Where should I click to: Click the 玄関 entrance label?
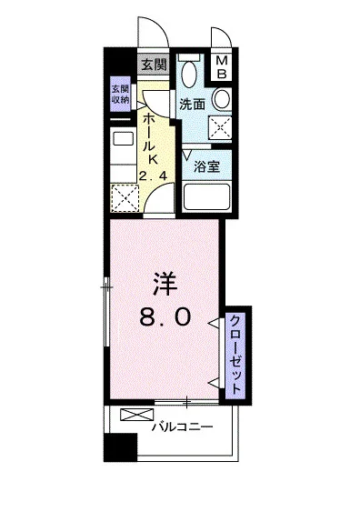(x=154, y=65)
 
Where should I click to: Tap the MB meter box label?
(x=222, y=67)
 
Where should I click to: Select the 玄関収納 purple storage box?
(x=120, y=95)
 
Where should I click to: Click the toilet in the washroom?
(x=189, y=71)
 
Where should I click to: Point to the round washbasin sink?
(x=222, y=99)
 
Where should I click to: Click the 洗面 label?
(x=193, y=105)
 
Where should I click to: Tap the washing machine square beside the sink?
(x=220, y=126)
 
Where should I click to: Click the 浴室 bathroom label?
(x=207, y=166)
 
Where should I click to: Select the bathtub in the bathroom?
(x=207, y=196)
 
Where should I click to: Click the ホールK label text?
(x=152, y=138)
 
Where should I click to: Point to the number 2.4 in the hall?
(x=153, y=176)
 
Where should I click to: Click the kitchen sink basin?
(x=124, y=138)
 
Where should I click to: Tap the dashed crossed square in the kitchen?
(x=125, y=198)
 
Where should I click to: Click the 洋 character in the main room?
(x=165, y=285)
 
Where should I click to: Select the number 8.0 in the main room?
(x=165, y=316)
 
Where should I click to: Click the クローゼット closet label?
(x=235, y=355)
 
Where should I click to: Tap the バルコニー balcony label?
(x=182, y=427)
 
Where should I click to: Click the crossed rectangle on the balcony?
(x=137, y=415)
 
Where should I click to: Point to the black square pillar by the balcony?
(x=120, y=447)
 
